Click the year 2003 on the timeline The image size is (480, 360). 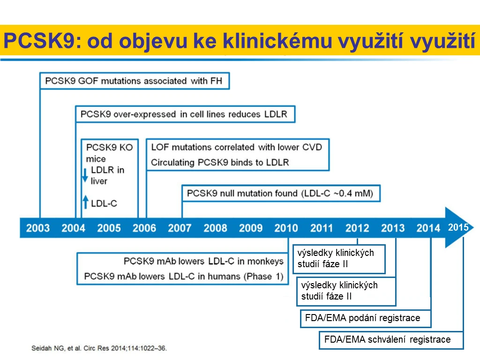[x=37, y=228]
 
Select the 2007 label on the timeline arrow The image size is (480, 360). [x=180, y=228]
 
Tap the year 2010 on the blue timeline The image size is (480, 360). [x=286, y=228]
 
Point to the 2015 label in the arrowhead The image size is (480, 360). [x=458, y=227]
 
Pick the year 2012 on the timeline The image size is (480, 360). [x=357, y=228]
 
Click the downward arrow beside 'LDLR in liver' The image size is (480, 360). [x=85, y=175]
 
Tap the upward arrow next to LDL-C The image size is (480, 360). [x=86, y=202]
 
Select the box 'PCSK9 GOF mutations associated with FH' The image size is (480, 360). [x=135, y=81]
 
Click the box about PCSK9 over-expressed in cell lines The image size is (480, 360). [x=185, y=114]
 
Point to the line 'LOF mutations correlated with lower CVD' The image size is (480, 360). [x=237, y=147]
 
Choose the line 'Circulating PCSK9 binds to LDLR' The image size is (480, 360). [x=220, y=162]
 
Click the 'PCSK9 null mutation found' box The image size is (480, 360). [x=281, y=193]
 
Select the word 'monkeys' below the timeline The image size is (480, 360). [x=265, y=262]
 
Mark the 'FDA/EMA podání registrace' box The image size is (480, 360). [x=366, y=319]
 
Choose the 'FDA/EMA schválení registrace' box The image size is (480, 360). [x=391, y=340]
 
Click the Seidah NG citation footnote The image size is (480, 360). [x=99, y=348]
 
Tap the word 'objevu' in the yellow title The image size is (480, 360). [x=152, y=41]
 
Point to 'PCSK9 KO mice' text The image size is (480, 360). [x=109, y=153]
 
